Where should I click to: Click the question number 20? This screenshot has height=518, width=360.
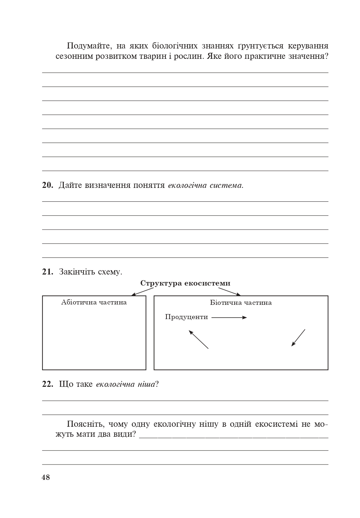coord(47,185)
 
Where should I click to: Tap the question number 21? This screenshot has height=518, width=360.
coord(47,272)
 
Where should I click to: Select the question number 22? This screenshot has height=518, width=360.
coord(47,384)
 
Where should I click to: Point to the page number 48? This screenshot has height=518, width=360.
coord(46,477)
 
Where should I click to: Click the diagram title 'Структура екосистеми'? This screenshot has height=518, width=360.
coord(185,283)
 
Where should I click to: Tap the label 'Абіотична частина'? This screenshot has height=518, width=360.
coord(94,302)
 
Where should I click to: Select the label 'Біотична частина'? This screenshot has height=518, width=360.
coord(241,303)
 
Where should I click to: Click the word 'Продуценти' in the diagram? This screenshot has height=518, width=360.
coord(186,317)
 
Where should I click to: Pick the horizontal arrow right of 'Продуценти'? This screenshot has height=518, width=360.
coord(229,317)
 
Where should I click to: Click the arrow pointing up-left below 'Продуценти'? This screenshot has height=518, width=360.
coord(199,339)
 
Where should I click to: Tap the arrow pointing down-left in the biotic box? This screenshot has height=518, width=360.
coord(298,338)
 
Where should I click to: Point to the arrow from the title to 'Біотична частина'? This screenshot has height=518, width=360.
coord(230,292)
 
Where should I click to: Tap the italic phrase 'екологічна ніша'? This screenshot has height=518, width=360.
coord(125,384)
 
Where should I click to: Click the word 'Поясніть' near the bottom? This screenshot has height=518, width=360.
coord(86,424)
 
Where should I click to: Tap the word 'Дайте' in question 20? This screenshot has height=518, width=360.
coord(70,185)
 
